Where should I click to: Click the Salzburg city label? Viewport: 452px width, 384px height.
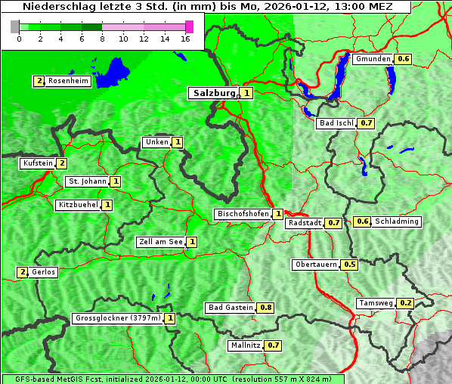tap(215, 93)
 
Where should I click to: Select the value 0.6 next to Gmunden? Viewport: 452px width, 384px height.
tap(404, 59)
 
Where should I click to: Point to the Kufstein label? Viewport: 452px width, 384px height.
tap(38, 163)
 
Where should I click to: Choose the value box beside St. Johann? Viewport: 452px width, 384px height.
tap(116, 181)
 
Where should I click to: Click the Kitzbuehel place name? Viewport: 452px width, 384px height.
tap(78, 205)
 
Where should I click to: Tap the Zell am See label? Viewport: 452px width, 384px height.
tap(161, 242)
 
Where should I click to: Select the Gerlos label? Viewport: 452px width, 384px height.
tap(44, 272)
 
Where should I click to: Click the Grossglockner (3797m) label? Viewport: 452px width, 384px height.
tap(118, 318)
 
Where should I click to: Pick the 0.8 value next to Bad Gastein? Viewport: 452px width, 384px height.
tap(266, 308)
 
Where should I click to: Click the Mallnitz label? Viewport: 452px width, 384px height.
tap(245, 345)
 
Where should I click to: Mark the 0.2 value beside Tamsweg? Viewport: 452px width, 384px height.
tap(406, 303)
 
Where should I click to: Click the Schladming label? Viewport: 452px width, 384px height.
tap(397, 221)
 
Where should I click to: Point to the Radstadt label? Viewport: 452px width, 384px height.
tap(305, 223)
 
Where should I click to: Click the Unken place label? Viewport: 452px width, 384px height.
tap(156, 142)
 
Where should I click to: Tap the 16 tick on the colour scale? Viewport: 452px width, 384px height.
tap(186, 39)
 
